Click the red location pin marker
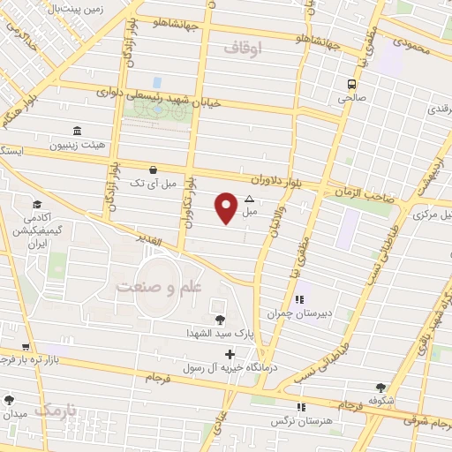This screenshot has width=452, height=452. [x=226, y=207]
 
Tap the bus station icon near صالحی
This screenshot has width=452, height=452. [x=351, y=84]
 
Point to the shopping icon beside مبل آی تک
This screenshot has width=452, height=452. [x=154, y=169]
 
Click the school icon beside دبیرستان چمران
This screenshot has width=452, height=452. [x=299, y=298]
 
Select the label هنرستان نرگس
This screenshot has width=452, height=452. [x=300, y=420]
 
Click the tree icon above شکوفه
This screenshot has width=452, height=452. [x=380, y=387]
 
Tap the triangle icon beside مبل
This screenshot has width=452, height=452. [x=249, y=199]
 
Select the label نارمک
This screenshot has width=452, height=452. [x=59, y=411]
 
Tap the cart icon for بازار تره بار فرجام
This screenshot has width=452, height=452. [x=26, y=347]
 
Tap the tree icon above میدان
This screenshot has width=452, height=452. [x=10, y=399]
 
